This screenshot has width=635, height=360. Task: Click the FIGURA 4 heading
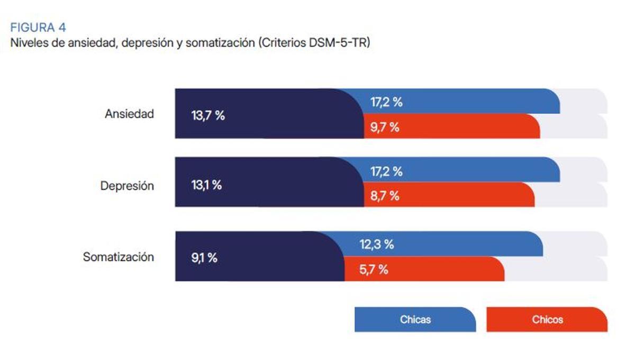click(38, 28)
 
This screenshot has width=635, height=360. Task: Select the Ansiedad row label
click(129, 114)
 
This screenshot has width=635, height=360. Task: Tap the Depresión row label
click(127, 186)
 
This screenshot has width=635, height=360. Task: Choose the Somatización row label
click(119, 257)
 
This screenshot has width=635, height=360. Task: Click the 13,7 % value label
click(208, 116)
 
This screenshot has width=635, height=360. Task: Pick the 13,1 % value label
click(206, 185)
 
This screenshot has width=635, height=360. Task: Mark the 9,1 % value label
click(204, 258)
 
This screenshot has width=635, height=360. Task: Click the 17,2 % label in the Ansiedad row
click(386, 102)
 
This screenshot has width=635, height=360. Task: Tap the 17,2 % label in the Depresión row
click(386, 172)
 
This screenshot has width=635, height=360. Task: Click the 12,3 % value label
click(377, 245)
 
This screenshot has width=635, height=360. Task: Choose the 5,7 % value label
click(374, 269)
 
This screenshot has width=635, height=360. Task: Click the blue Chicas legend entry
click(415, 320)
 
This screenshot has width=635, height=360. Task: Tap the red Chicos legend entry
click(547, 320)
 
